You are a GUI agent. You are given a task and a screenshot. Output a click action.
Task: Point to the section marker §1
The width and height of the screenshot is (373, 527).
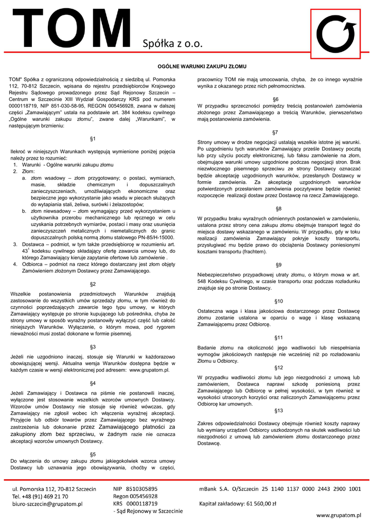tap(93, 138)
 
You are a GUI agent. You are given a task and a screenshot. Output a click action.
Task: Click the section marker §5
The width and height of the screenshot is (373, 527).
tap(93, 454)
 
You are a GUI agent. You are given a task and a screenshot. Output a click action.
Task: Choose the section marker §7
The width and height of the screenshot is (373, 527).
tap(276, 132)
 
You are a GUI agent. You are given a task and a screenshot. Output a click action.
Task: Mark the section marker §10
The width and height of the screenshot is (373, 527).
tap(279, 301)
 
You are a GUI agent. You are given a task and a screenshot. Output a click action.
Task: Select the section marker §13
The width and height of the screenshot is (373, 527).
tap(279, 411)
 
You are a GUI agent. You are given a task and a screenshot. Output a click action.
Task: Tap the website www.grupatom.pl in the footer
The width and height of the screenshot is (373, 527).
tap(339, 514)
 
